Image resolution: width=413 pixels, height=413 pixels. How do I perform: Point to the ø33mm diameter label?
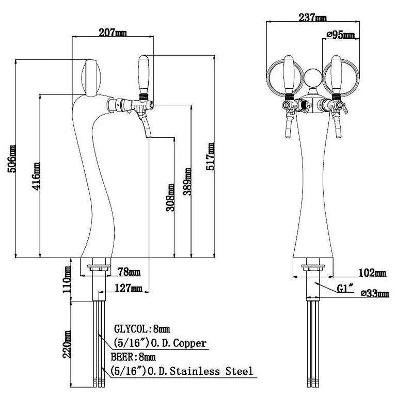point(375,294)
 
